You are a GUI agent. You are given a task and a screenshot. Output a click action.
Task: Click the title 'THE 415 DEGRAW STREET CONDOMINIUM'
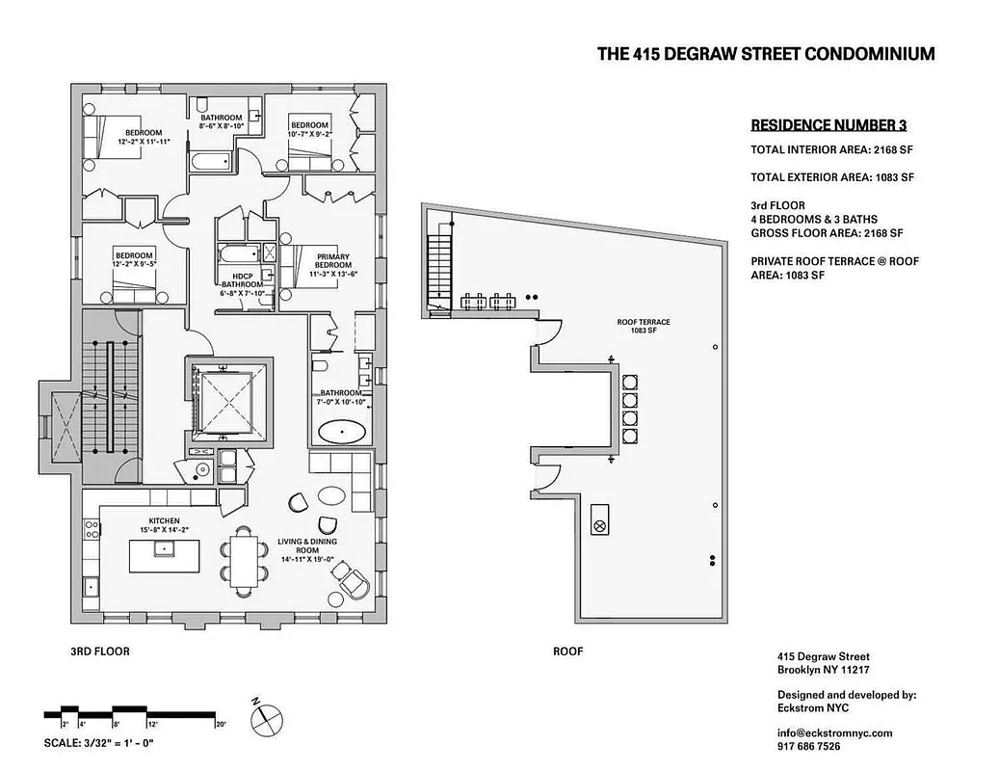tap(766, 54)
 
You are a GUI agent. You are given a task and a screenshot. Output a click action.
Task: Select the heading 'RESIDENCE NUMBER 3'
tap(828, 125)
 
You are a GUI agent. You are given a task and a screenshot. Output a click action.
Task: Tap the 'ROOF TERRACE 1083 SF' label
tap(644, 326)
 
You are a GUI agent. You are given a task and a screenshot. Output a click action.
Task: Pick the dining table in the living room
tap(245, 558)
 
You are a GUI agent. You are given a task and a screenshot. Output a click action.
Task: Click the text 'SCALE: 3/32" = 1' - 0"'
tap(99, 743)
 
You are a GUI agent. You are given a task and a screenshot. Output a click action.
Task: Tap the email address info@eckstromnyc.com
tap(834, 732)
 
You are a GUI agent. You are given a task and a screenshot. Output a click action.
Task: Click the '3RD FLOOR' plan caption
tap(100, 651)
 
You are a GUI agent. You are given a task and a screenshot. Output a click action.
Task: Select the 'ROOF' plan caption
tap(567, 651)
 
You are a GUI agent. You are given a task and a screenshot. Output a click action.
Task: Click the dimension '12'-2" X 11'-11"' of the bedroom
tap(144, 141)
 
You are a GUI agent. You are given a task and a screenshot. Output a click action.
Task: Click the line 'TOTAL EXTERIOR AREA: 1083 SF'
tap(831, 177)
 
